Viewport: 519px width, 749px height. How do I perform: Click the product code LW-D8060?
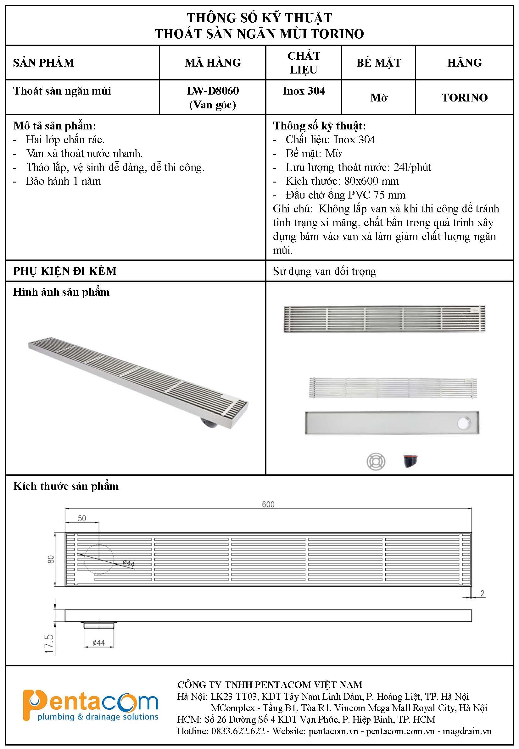[213, 91]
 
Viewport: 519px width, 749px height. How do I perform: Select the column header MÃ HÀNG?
[213, 63]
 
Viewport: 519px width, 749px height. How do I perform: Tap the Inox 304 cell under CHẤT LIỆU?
[304, 91]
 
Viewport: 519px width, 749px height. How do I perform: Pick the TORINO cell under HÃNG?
[464, 97]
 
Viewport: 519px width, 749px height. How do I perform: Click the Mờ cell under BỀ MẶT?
[378, 97]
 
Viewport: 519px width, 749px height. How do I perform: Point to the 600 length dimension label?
[268, 505]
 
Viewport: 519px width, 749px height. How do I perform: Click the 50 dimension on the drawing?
[82, 518]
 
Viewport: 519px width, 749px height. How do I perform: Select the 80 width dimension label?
[51, 559]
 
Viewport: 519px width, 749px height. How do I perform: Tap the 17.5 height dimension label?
[49, 643]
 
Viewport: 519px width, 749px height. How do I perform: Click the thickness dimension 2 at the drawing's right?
[483, 593]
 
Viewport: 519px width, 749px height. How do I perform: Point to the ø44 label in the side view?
[98, 643]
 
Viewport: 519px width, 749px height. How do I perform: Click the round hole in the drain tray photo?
[464, 423]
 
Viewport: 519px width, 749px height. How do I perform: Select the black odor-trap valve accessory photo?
[410, 461]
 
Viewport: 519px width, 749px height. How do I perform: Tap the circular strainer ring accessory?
[376, 462]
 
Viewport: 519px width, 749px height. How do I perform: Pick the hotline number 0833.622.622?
[238, 731]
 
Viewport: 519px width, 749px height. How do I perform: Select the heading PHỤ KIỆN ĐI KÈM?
[65, 271]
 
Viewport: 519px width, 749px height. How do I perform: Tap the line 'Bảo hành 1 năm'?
[64, 181]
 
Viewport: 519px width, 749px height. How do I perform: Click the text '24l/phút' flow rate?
[412, 167]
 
